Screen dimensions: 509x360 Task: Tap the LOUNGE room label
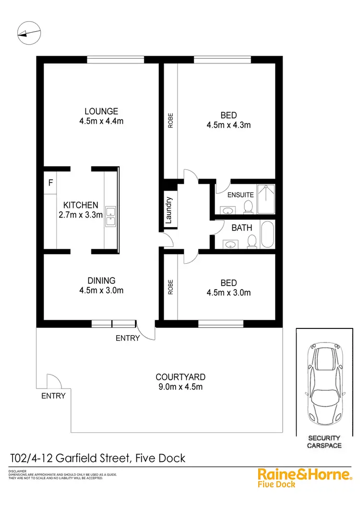[x=101, y=111]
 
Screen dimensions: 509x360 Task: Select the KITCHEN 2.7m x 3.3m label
[x=79, y=205]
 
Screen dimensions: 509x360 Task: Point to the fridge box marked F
[x=50, y=183]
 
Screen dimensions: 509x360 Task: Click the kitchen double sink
[x=111, y=216]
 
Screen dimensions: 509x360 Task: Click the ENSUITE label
[x=240, y=195]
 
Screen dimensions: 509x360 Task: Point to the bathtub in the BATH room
[x=267, y=235]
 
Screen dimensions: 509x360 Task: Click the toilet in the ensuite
[x=248, y=206]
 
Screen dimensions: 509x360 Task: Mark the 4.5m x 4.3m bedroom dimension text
[x=228, y=125]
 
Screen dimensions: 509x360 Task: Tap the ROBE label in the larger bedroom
[x=170, y=120]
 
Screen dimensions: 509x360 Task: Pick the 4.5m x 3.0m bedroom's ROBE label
[x=170, y=287]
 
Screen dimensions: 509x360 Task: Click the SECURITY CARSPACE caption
[x=324, y=442]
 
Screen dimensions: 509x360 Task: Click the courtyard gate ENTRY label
[x=53, y=396]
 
